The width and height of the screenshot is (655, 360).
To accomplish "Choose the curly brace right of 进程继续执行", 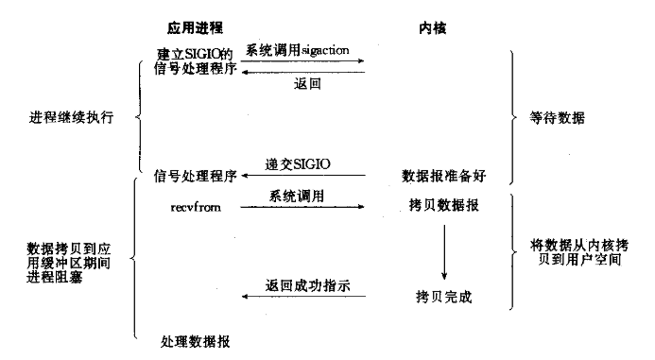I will click(x=139, y=120).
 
